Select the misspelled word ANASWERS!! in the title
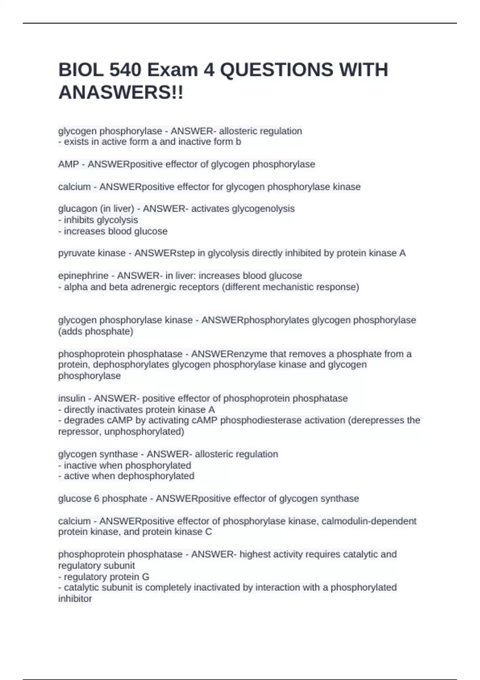pos(121,93)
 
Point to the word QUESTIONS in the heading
pos(276,70)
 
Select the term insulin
pos(72,398)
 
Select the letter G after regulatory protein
pos(146,577)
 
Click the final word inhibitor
pos(75,599)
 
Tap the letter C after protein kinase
pos(208,532)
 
